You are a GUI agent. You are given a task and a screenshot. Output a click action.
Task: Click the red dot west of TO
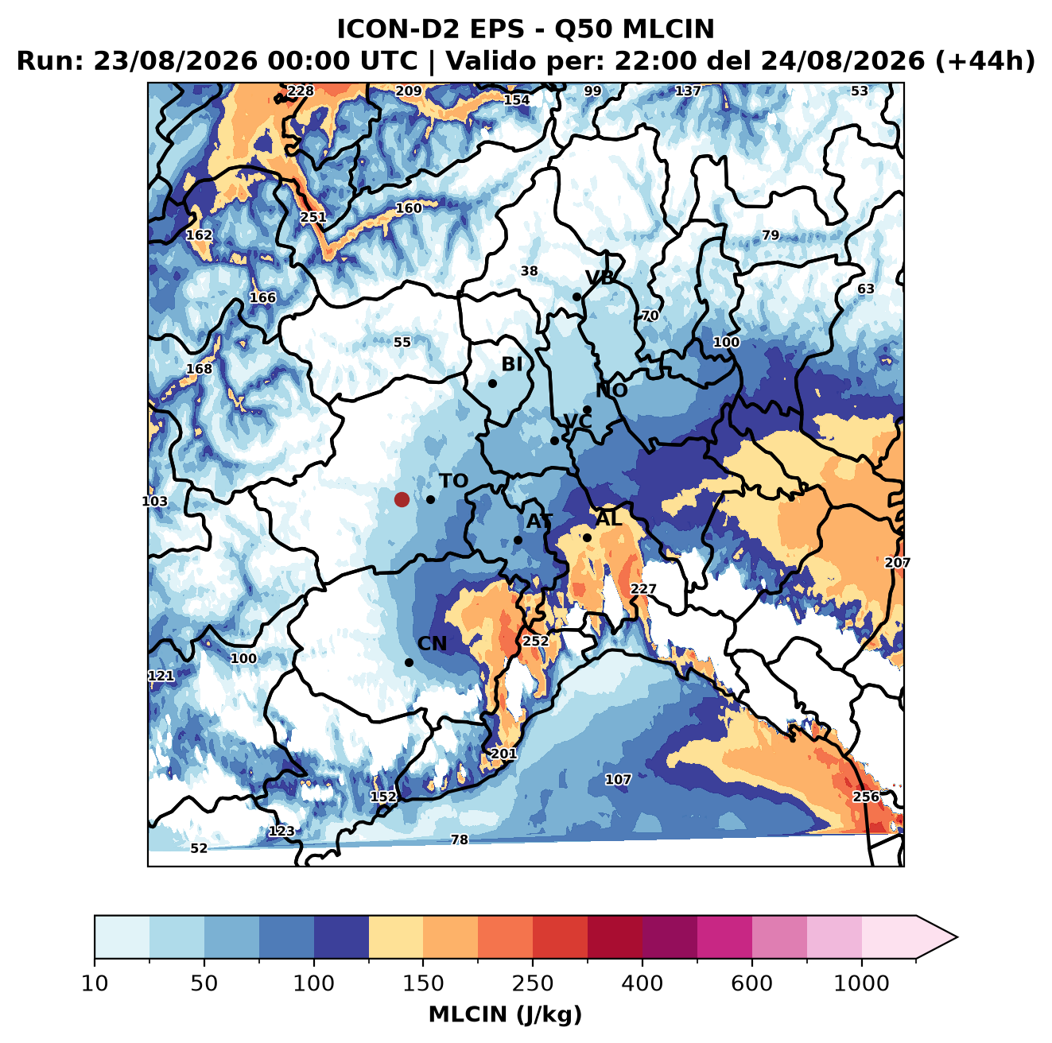(402, 499)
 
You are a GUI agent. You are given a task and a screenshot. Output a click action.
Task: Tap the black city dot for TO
(430, 499)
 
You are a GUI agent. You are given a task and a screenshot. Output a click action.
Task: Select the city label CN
(432, 644)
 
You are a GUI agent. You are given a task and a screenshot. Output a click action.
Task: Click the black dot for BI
(492, 384)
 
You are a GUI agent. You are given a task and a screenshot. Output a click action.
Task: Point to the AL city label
(609, 518)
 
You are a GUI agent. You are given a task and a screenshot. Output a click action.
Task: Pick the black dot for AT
(518, 541)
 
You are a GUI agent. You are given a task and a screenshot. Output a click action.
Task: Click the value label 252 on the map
(536, 641)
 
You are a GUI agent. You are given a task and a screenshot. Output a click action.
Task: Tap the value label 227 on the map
(643, 589)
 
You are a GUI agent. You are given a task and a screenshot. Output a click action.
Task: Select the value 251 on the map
(313, 217)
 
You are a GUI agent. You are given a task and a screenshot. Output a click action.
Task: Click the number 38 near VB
(529, 271)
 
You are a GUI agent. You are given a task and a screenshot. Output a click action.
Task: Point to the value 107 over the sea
(618, 779)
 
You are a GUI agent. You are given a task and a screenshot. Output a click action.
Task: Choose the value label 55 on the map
(402, 342)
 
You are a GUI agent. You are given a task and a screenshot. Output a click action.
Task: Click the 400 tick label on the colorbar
(642, 983)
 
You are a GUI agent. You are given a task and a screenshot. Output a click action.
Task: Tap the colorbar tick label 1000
(861, 983)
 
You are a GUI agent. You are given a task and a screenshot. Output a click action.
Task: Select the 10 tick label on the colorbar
(95, 983)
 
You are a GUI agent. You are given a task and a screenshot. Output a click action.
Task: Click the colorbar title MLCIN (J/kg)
(505, 1014)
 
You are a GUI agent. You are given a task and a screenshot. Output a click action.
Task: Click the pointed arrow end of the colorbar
(957, 938)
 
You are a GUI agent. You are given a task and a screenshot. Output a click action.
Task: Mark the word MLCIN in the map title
(668, 29)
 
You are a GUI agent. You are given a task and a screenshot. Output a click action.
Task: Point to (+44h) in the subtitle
(985, 61)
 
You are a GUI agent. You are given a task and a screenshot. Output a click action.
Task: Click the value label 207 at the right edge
(898, 563)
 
